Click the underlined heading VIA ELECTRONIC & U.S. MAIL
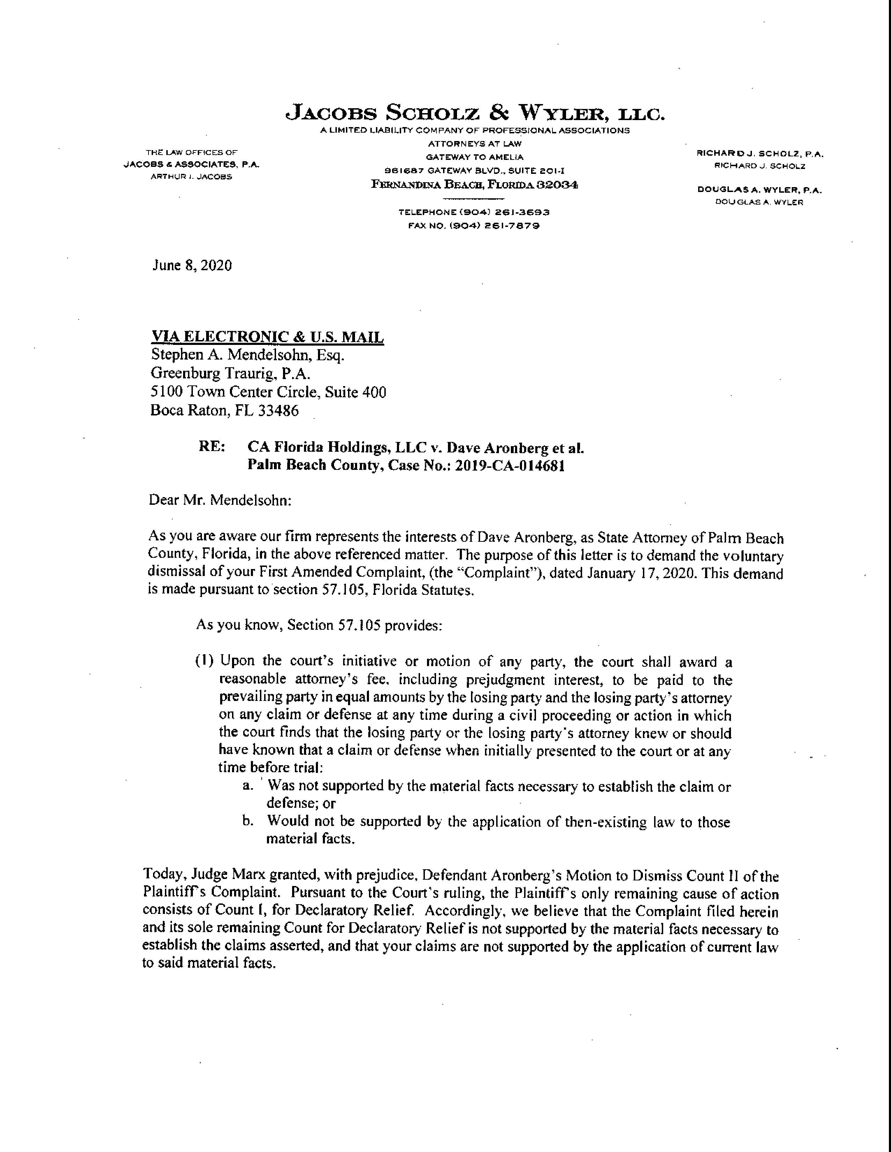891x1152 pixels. (268, 337)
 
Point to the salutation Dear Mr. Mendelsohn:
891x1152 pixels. (220, 500)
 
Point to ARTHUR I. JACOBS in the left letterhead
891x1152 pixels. (191, 177)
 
